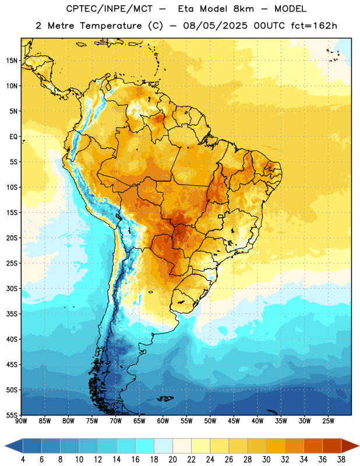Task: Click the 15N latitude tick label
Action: pos(12,61)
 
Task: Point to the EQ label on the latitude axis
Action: pos(13,137)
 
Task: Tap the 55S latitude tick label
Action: pos(12,415)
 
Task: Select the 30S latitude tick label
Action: pos(12,288)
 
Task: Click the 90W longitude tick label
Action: pos(21,421)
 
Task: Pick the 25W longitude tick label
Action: pos(328,421)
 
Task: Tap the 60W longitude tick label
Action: pos(163,421)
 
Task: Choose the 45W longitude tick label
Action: pos(234,421)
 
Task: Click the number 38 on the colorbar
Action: pos(341,460)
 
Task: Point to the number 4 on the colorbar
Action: pos(23,460)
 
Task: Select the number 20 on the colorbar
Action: pos(172,460)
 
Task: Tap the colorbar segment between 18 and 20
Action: pos(163,446)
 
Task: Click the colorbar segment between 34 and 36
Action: pos(313,446)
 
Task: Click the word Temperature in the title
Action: pos(111,26)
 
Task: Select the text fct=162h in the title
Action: pos(314,26)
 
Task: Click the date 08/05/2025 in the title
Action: pos(215,26)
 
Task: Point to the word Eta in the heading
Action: pos(186,9)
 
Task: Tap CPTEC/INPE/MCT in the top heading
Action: pos(110,9)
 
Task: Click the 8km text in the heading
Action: pos(243,9)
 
